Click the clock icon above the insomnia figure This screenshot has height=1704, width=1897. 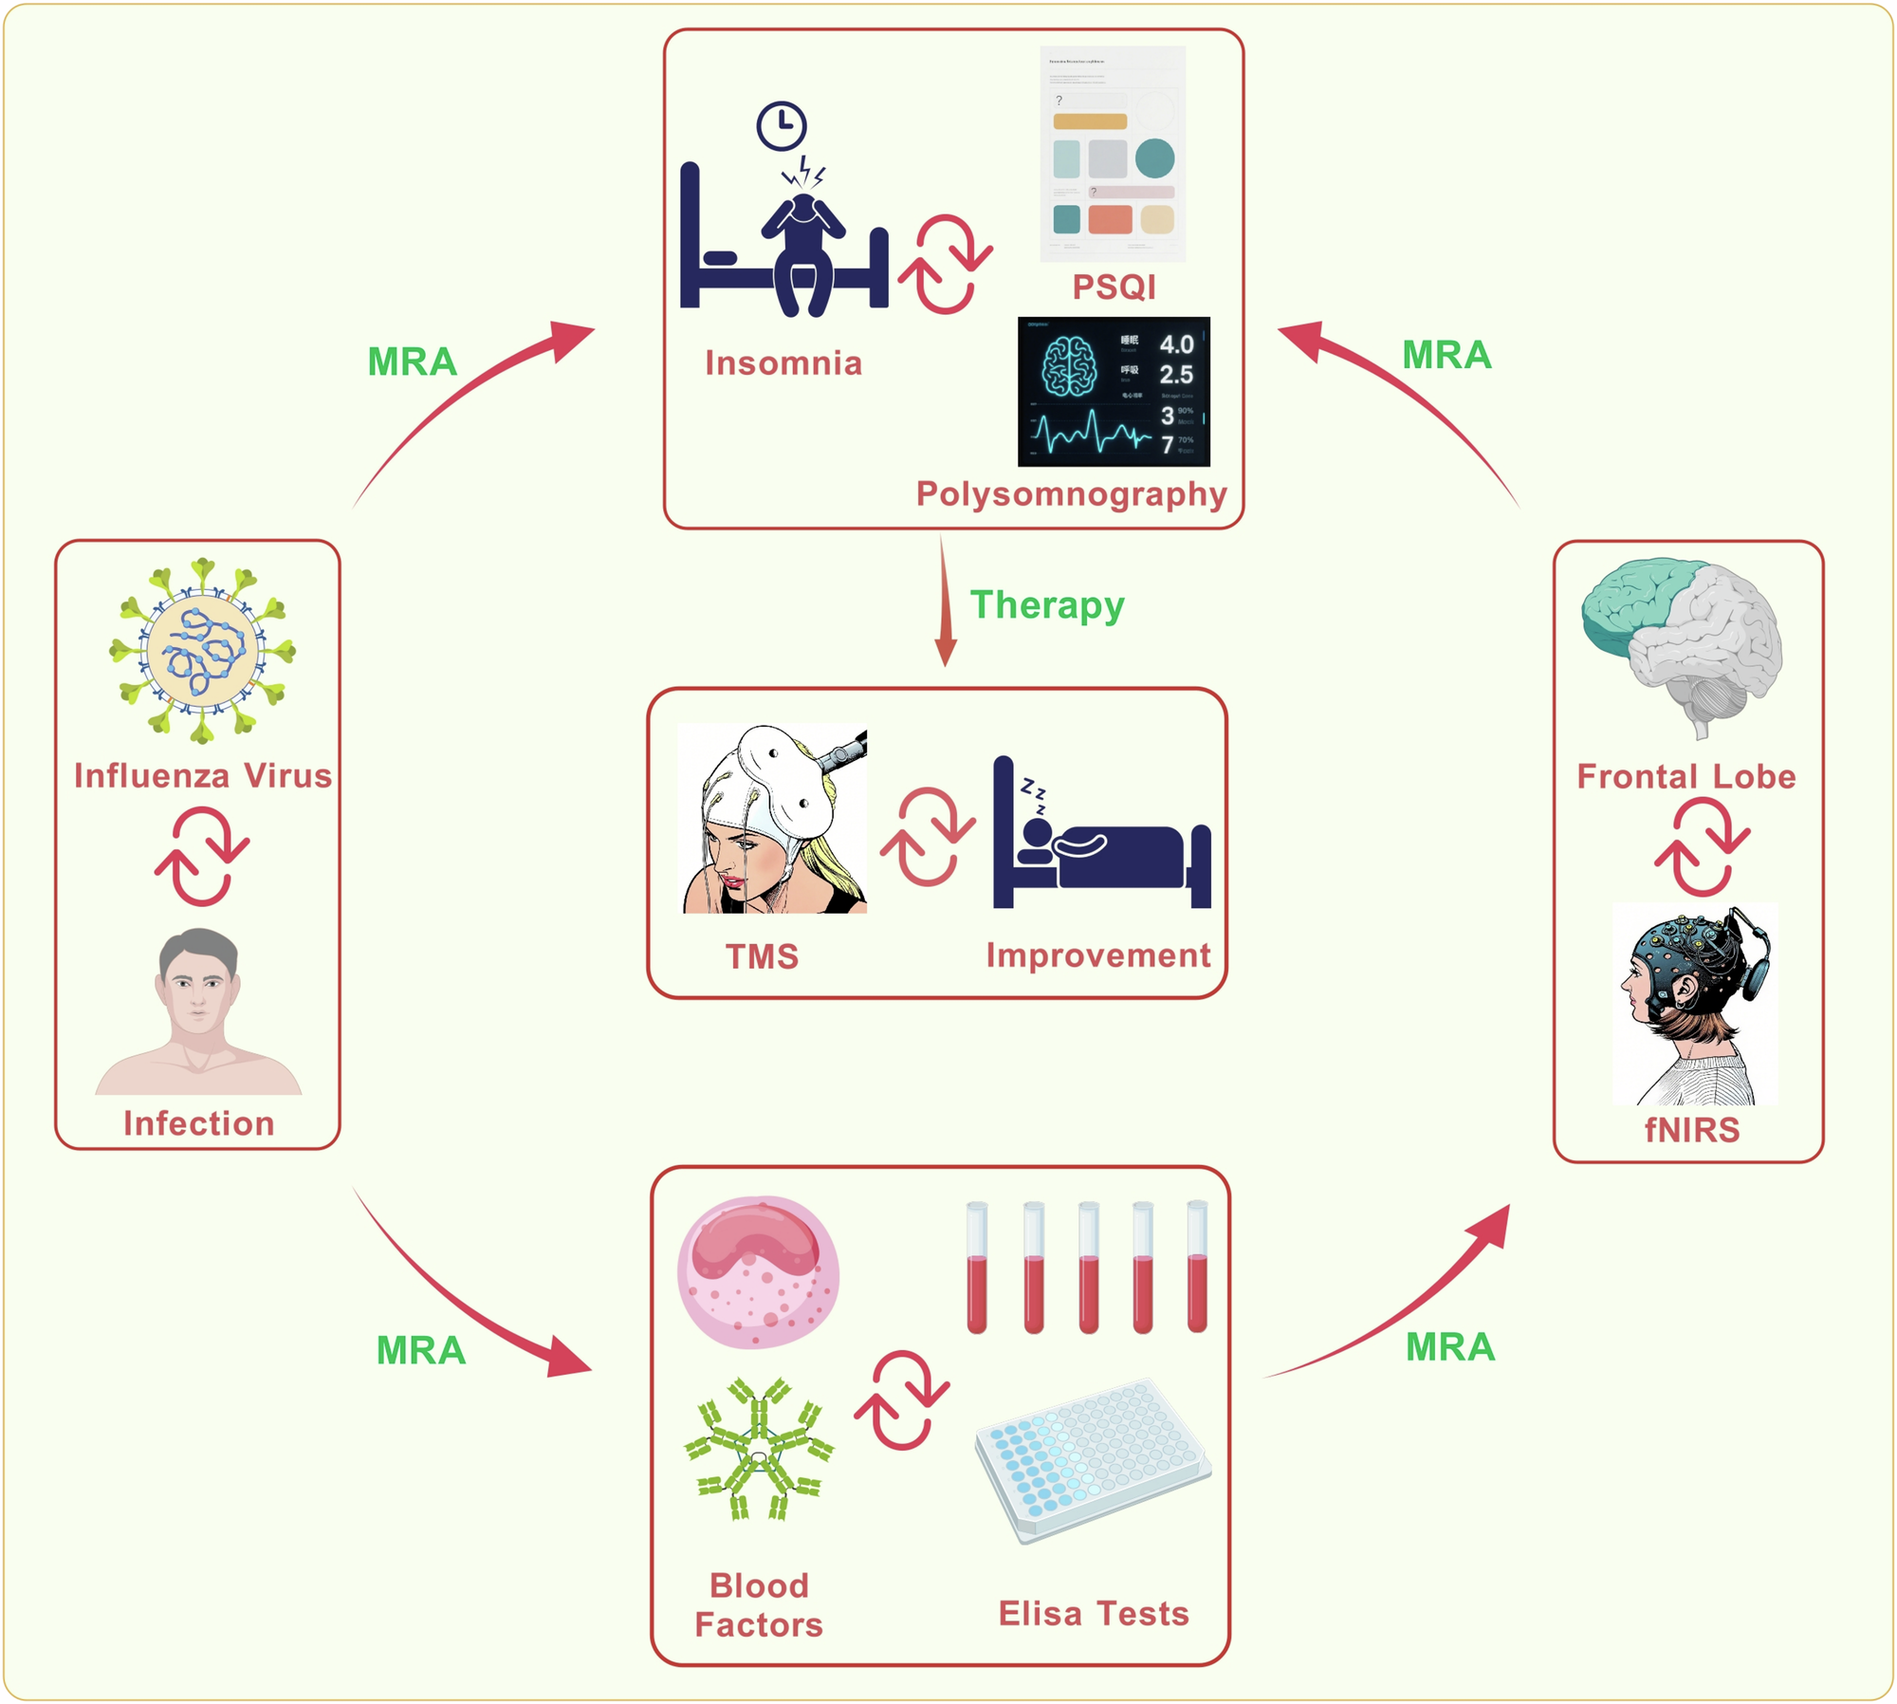[x=781, y=125]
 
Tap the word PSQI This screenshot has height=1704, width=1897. [x=1114, y=287]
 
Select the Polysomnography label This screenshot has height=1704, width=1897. [x=1071, y=493]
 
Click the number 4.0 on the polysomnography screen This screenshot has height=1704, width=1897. [x=1176, y=343]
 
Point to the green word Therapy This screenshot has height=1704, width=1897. [x=1046, y=604]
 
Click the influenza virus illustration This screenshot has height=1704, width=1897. [x=202, y=650]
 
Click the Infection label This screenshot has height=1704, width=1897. [x=198, y=1123]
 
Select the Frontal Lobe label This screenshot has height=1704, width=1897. [x=1685, y=776]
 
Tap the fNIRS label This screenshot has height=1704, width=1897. [x=1691, y=1130]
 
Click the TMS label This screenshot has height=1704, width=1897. [x=762, y=956]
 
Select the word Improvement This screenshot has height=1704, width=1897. [x=1097, y=954]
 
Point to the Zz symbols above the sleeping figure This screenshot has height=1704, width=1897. [x=1034, y=795]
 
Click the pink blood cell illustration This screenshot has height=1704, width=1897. [x=757, y=1271]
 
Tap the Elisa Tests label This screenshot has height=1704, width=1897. [x=1093, y=1613]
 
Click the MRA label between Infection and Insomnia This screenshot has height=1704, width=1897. [x=412, y=361]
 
